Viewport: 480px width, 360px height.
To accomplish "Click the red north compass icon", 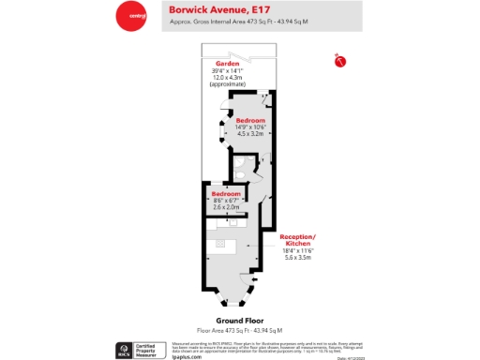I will (339, 62).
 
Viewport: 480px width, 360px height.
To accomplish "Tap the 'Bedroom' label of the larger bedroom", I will (250, 121).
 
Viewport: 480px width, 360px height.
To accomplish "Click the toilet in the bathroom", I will (241, 172).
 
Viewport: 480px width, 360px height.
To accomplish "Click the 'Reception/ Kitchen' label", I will (298, 241).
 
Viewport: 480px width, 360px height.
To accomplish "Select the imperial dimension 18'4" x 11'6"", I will (298, 250).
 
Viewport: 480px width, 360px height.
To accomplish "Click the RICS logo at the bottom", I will (123, 351).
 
